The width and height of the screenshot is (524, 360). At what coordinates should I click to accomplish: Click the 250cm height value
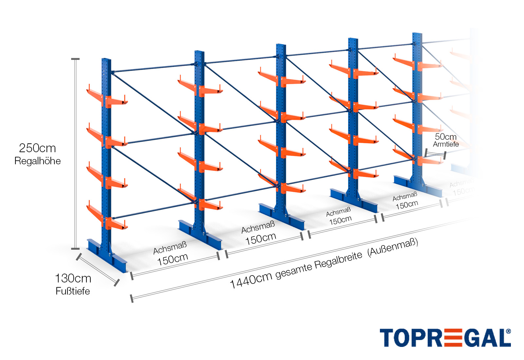click(x=37, y=148)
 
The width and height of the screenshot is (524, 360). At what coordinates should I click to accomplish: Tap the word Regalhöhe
click(x=37, y=161)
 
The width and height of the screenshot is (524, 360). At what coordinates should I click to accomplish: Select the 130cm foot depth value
click(x=73, y=279)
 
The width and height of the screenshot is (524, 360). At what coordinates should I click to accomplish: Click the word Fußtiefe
click(x=73, y=291)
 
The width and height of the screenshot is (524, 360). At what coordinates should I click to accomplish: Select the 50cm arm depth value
click(x=445, y=137)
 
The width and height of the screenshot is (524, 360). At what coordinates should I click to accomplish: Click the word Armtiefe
click(x=446, y=144)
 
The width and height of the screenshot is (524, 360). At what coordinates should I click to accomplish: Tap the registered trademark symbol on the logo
click(x=508, y=331)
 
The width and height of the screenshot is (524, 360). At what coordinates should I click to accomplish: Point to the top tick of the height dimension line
click(x=75, y=59)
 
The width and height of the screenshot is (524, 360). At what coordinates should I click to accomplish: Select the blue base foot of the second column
click(x=200, y=234)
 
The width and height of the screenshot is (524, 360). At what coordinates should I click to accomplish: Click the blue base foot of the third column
click(x=282, y=216)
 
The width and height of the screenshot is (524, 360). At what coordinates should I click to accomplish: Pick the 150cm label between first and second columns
click(x=173, y=260)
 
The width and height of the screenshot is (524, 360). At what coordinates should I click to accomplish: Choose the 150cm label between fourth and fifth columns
click(x=407, y=205)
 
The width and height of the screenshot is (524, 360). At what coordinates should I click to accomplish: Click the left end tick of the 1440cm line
click(x=132, y=298)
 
